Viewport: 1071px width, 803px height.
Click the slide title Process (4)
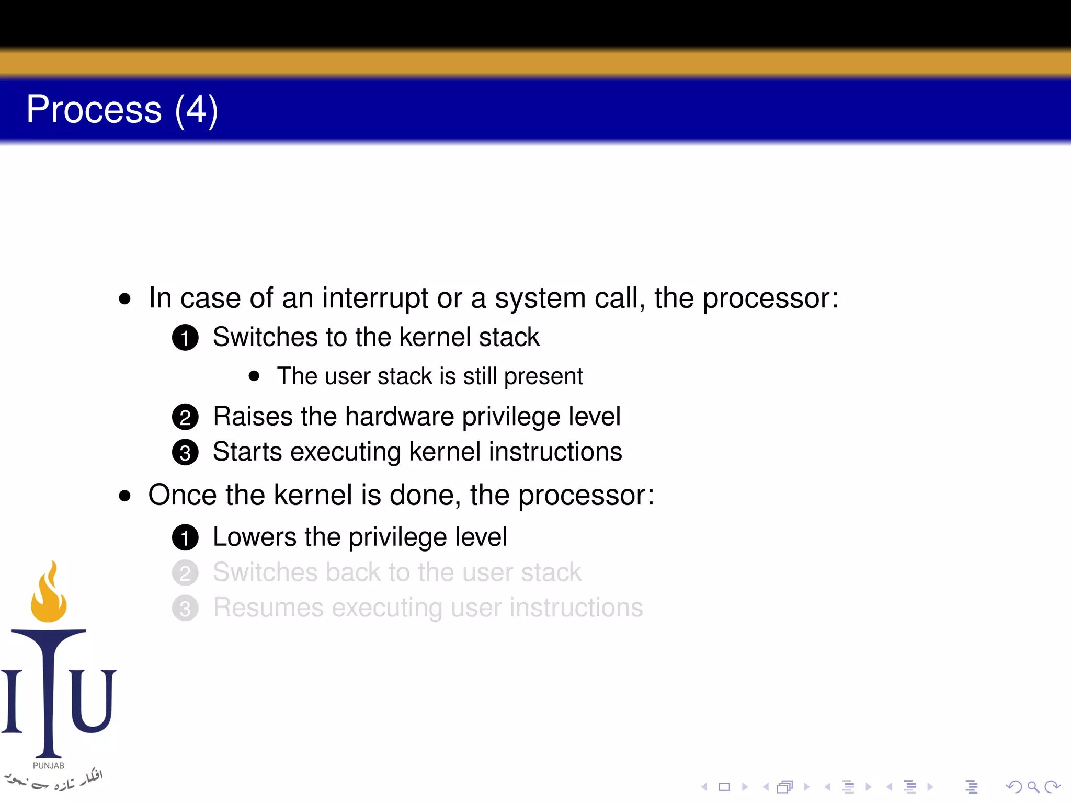[x=122, y=110]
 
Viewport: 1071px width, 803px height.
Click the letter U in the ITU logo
[x=93, y=700]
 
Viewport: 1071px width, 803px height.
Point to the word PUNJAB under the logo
[x=49, y=765]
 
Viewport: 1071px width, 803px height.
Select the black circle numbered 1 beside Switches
[x=185, y=338]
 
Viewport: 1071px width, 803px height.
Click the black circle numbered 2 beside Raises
[x=185, y=417]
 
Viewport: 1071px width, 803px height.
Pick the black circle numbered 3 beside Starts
[x=185, y=453]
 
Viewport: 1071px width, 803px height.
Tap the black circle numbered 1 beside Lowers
[x=185, y=538]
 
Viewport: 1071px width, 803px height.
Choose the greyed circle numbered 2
[x=185, y=573]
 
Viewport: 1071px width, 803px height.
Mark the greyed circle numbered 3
[x=185, y=609]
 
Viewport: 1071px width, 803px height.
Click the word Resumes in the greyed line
[x=268, y=607]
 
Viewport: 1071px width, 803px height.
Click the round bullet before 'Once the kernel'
[x=124, y=496]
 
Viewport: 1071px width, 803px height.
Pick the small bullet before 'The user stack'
[x=254, y=376]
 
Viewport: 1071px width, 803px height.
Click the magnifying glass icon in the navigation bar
[x=1033, y=787]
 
